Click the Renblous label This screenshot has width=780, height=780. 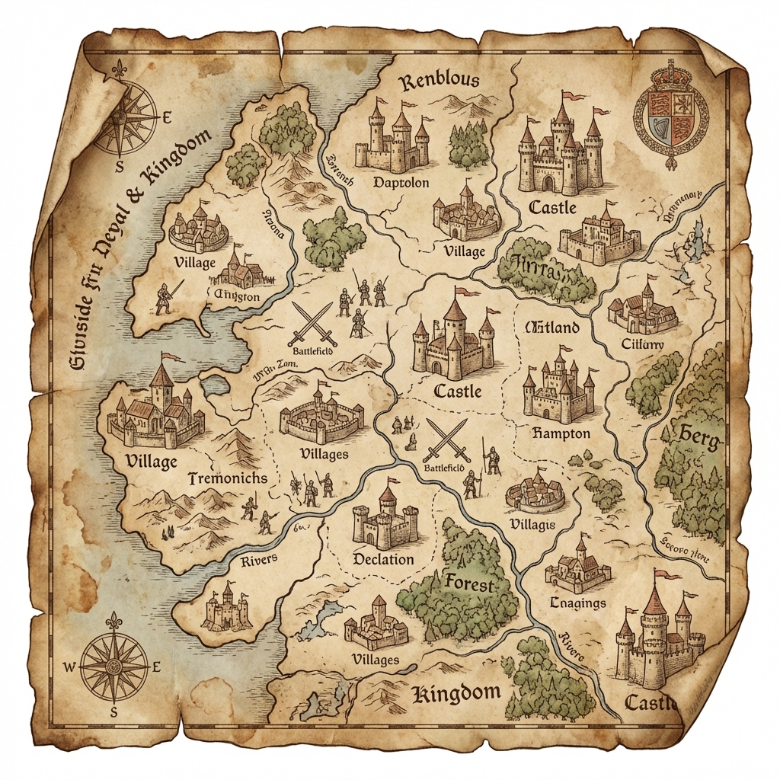pos(440,79)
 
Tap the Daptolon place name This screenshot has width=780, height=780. pos(401,183)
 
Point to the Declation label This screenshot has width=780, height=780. pos(384,559)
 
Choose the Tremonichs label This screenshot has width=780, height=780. pos(227,478)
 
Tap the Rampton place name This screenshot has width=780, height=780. pos(558,433)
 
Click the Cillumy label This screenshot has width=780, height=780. pos(643,344)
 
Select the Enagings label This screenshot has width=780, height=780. pos(577,603)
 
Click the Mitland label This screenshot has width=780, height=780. pos(552,328)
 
